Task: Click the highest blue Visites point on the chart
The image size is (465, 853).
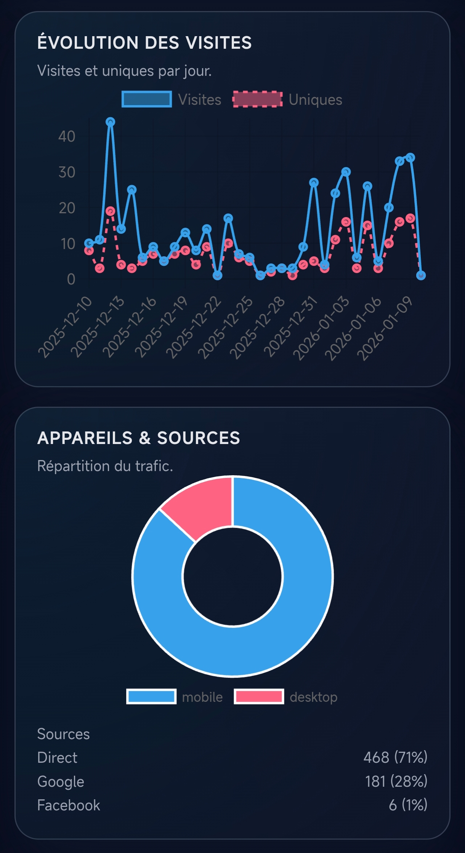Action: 111,122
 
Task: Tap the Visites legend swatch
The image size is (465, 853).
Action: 147,99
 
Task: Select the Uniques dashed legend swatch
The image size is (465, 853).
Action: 258,99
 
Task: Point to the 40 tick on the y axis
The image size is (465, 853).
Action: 67,136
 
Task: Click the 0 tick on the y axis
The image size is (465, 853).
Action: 71,279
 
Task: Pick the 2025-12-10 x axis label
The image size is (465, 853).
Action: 66,327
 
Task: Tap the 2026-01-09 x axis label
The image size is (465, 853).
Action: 385,328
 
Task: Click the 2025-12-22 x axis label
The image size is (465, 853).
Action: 194,328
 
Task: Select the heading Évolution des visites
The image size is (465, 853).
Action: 144,43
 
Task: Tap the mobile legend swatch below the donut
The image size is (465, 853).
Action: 151,696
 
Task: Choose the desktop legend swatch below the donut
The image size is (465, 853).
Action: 259,696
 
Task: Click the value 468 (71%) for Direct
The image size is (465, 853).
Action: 395,757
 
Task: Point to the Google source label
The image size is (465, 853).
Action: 61,781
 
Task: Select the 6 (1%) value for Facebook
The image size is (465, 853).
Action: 408,805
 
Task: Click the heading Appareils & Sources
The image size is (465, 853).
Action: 139,438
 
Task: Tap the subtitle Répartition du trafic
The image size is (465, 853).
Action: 105,466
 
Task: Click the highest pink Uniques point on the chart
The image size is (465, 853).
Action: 111,211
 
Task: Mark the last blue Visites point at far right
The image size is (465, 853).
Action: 421,275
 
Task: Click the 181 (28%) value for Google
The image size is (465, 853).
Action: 396,781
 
